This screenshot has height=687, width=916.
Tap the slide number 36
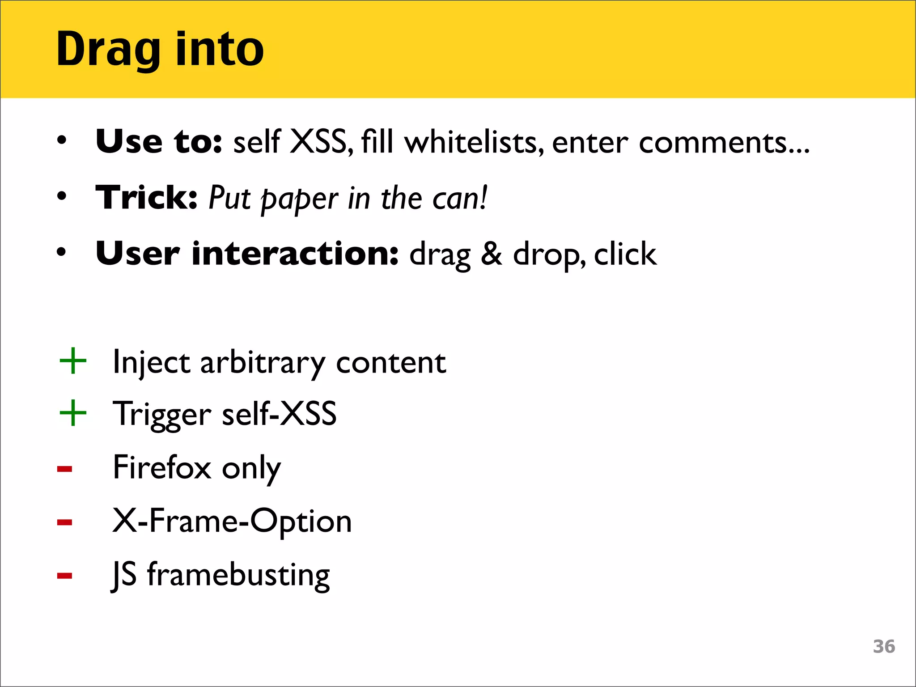[884, 647]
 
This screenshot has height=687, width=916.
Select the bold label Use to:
[159, 142]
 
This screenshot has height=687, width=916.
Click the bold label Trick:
[147, 198]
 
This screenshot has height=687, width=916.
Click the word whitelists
[474, 142]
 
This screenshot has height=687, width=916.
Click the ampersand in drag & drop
[492, 254]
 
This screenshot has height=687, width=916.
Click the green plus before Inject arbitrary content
[73, 361]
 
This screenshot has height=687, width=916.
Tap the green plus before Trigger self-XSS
[73, 413]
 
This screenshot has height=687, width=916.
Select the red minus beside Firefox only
[65, 469]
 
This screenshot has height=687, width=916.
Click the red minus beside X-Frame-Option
[65, 522]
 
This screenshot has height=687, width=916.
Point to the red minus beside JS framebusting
[65, 575]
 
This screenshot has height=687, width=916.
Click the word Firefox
[162, 467]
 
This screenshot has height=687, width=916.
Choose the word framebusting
[238, 575]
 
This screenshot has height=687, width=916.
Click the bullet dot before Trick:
[62, 196]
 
